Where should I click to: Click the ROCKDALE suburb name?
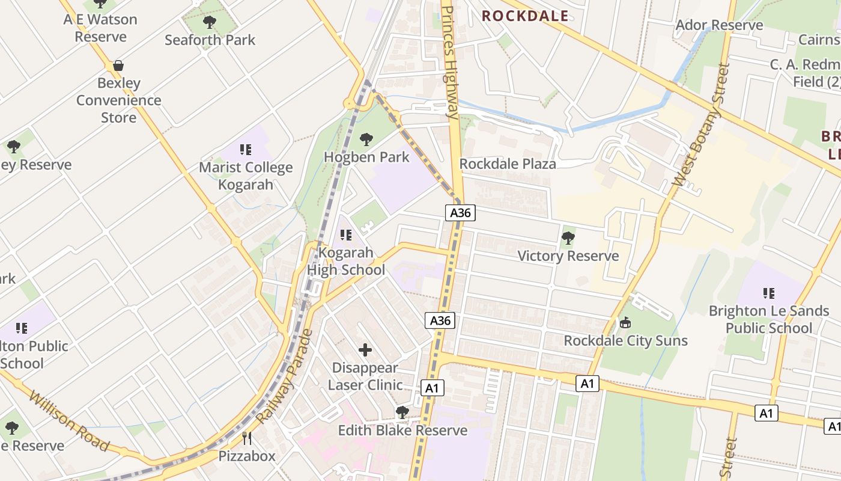tap(525, 16)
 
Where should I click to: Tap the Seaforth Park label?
tap(210, 40)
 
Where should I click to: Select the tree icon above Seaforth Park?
tap(210, 23)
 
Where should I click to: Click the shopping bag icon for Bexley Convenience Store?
tap(118, 66)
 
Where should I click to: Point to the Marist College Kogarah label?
tap(246, 176)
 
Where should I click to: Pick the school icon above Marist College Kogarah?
tap(245, 149)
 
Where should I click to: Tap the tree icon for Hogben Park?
tap(366, 140)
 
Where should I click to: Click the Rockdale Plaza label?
tap(508, 164)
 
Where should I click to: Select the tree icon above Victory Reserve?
tap(568, 239)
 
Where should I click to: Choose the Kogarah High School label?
tap(346, 261)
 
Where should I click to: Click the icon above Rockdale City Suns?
tap(625, 323)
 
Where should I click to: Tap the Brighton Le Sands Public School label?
tap(768, 319)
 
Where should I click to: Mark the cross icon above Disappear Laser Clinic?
tap(365, 349)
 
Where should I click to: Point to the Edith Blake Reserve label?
tap(402, 430)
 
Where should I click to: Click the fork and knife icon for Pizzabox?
tap(246, 438)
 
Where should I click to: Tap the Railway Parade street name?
tap(284, 377)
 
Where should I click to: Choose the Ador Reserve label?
tap(719, 25)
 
